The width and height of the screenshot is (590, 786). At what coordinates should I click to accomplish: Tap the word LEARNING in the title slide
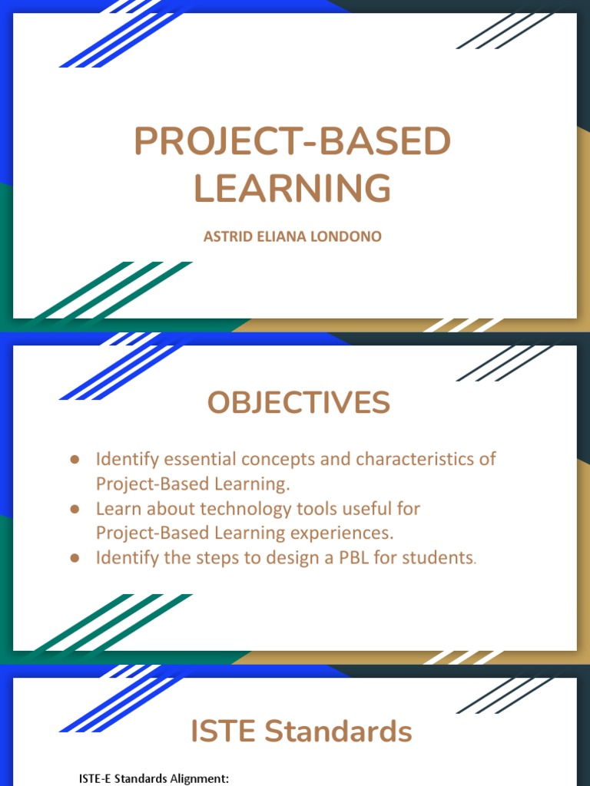click(292, 188)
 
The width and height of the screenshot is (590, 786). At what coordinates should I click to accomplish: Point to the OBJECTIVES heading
click(298, 403)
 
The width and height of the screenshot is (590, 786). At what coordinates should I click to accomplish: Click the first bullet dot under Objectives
click(75, 459)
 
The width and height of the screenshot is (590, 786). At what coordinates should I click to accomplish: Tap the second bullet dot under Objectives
click(75, 508)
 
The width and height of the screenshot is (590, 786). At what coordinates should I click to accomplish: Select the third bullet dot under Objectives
click(75, 558)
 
